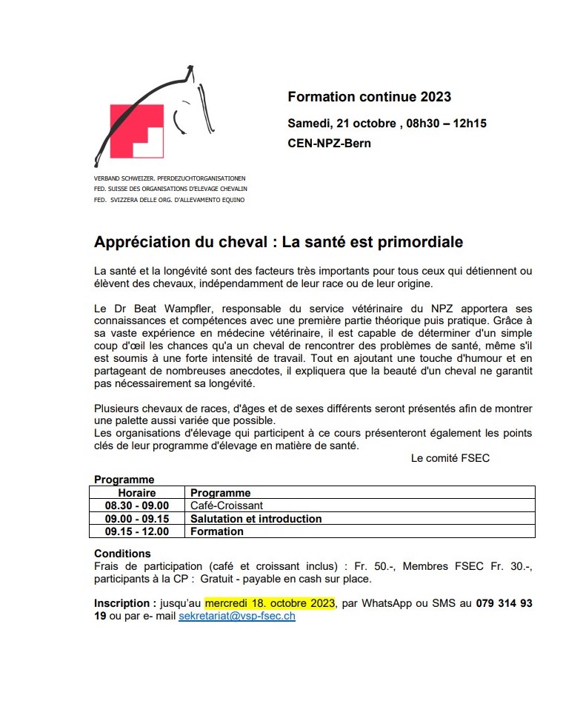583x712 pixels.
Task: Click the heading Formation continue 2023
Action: coord(369,97)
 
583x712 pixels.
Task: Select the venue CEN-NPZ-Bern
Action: coord(329,143)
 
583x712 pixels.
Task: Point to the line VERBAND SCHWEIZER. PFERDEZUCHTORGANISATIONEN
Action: coord(170,179)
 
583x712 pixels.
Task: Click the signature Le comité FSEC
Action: coord(450,458)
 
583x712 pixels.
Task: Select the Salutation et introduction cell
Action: coord(256,519)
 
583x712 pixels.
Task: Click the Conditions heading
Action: coord(122,554)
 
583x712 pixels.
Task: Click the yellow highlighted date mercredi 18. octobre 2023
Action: coord(270,603)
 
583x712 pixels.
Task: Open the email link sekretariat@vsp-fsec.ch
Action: coord(237,616)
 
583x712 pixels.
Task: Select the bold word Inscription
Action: coord(123,603)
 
